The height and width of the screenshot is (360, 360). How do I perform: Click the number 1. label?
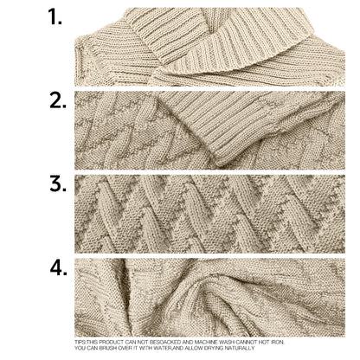pyautogui.click(x=55, y=17)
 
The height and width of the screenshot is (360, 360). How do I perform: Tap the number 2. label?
pyautogui.click(x=57, y=100)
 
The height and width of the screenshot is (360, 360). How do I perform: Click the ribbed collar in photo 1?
pyautogui.click(x=216, y=39)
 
